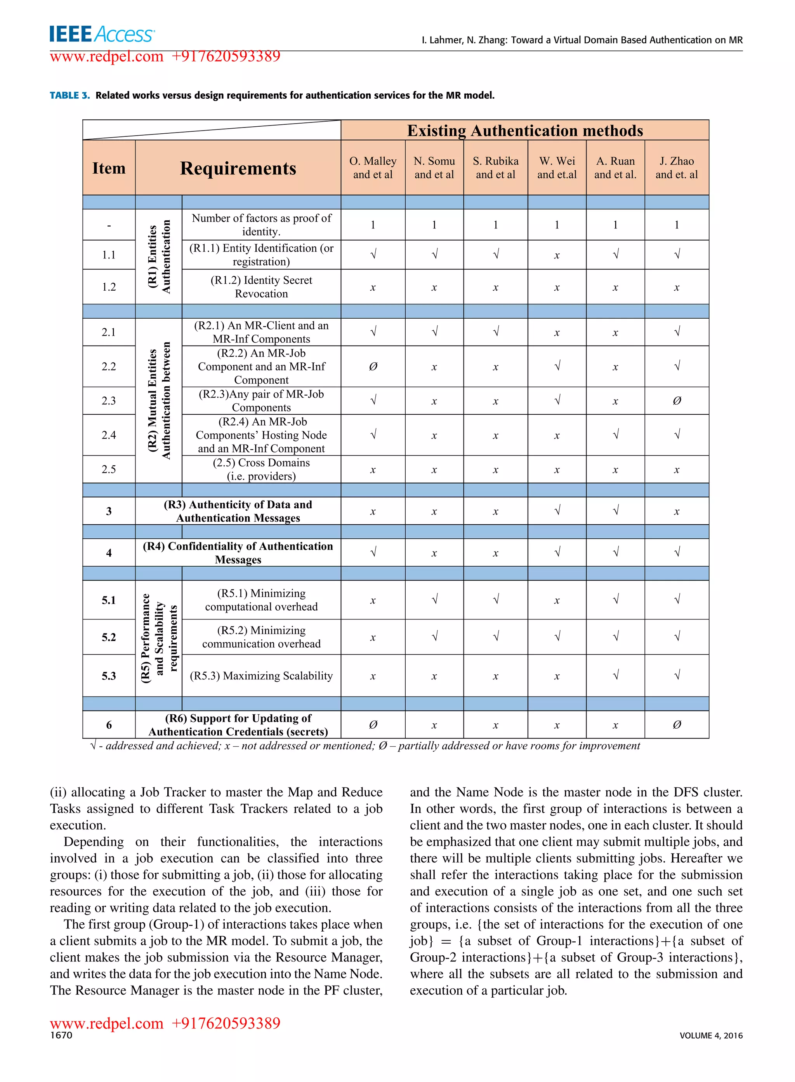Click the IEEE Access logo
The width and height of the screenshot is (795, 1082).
tap(102, 35)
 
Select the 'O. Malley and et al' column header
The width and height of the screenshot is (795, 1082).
tap(373, 168)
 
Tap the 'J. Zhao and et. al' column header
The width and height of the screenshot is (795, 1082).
tap(676, 168)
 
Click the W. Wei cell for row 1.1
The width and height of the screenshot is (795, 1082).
tap(556, 255)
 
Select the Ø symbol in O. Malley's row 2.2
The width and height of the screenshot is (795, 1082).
tap(373, 366)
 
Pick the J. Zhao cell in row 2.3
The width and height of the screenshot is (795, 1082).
tap(676, 401)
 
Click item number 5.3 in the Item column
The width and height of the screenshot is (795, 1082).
tap(109, 675)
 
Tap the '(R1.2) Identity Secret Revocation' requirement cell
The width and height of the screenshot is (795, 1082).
tap(261, 287)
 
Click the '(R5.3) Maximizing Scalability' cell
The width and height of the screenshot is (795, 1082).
tap(261, 675)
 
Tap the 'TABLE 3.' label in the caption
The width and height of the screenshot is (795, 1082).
tap(70, 95)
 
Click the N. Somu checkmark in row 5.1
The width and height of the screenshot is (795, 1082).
tap(434, 600)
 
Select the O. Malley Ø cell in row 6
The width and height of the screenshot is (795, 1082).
tap(373, 724)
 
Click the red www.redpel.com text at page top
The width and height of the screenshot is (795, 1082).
tap(107, 57)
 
